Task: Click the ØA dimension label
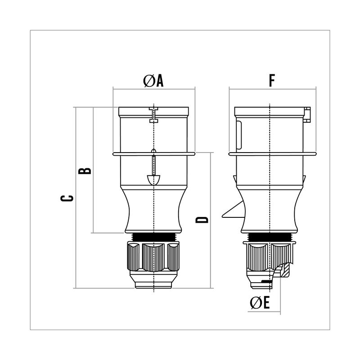tap(153, 81)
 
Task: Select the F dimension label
tap(272, 81)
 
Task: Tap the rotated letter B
tap(85, 171)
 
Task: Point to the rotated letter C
tap(67, 198)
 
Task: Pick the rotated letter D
tap(202, 220)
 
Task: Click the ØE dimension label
tap(260, 302)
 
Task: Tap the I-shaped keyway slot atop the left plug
tap(153, 115)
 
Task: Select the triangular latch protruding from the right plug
tap(234, 210)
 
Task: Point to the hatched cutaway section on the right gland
tap(286, 270)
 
